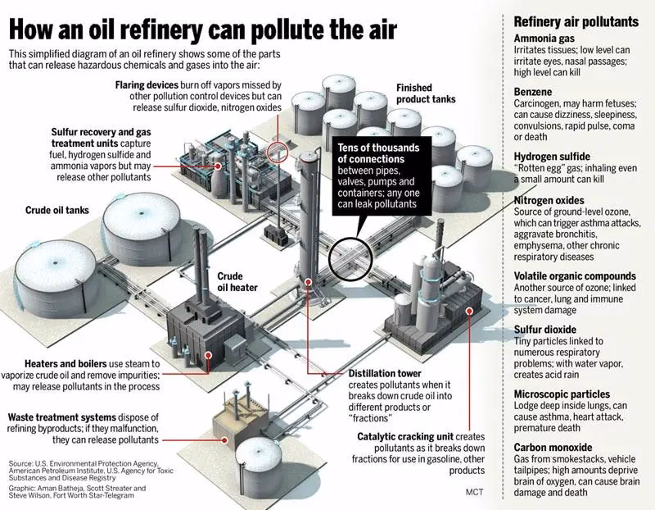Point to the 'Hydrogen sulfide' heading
[x=553, y=157]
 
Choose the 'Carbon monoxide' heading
[x=554, y=447]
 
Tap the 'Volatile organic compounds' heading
[x=574, y=276]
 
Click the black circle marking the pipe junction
[x=350, y=261]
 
